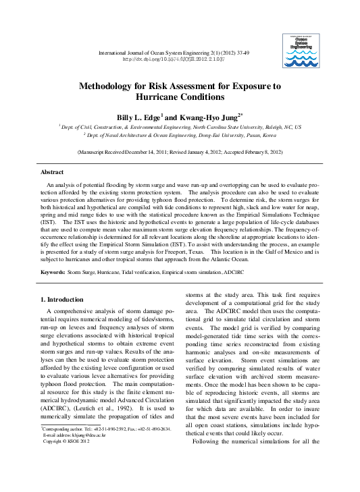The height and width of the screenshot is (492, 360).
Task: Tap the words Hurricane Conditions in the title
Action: [x=180, y=98]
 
